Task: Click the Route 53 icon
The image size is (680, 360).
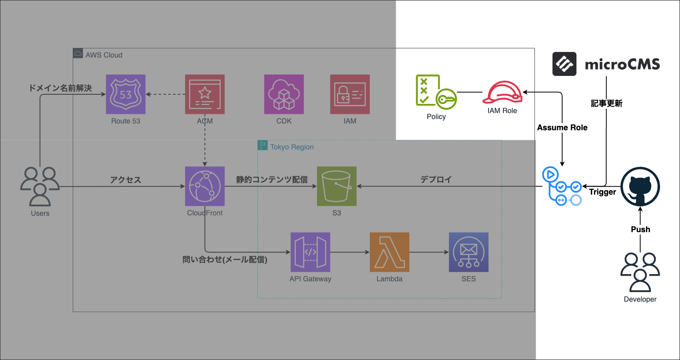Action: pos(126,94)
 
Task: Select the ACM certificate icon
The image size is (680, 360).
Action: pos(205,94)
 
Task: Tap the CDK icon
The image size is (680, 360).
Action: pos(284,94)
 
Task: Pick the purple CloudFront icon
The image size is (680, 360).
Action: pos(205,186)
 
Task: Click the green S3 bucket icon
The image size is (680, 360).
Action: pos(337,186)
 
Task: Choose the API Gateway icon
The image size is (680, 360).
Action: pos(310,252)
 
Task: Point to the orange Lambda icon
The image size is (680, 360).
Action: pos(389,252)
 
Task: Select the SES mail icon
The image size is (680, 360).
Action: pos(469,252)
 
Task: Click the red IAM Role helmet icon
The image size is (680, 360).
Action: pos(503,93)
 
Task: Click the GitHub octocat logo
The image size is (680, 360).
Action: pos(640,187)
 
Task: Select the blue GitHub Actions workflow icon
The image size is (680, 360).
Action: pos(562,186)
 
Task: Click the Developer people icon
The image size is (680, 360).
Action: pos(640,272)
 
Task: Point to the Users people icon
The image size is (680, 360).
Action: pos(40,186)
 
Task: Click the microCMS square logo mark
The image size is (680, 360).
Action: pos(564,64)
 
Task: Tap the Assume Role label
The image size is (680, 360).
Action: pos(562,127)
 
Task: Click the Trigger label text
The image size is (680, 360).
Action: pos(602,192)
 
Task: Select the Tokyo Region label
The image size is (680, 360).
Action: pos(292,147)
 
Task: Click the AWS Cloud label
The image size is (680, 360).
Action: pos(104,55)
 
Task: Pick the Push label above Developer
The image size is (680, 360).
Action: pos(640,229)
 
